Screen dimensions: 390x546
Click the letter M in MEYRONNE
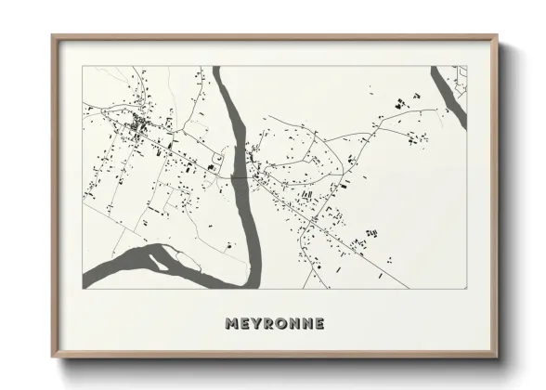point(231,324)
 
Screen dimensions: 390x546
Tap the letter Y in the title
point(257,324)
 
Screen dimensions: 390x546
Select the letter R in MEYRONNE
point(270,324)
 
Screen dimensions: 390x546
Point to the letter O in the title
point(283,324)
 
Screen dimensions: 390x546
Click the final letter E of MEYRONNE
point(320,324)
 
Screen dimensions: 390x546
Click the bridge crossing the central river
point(243,175)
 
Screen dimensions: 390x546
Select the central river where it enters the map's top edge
point(220,71)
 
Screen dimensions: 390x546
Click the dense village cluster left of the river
point(139,126)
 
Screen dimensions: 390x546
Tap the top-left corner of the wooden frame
point(53,36)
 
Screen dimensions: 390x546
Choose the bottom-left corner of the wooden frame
point(53,357)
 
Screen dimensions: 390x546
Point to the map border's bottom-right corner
point(466,288)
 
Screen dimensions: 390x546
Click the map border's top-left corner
point(84,66)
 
